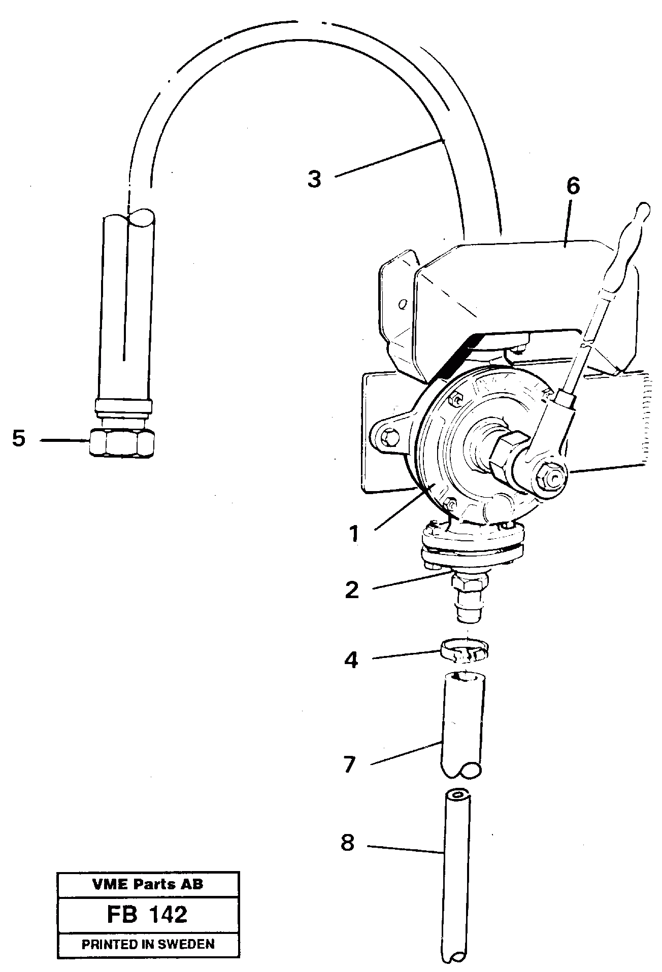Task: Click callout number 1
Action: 354,534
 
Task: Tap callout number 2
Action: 352,590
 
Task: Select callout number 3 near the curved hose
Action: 315,179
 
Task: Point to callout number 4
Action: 351,660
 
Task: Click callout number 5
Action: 19,438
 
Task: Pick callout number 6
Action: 572,186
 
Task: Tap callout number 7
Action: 350,765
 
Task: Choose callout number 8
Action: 348,844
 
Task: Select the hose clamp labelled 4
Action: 464,650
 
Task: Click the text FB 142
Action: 147,914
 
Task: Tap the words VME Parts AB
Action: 148,884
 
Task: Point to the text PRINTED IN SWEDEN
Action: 148,944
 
